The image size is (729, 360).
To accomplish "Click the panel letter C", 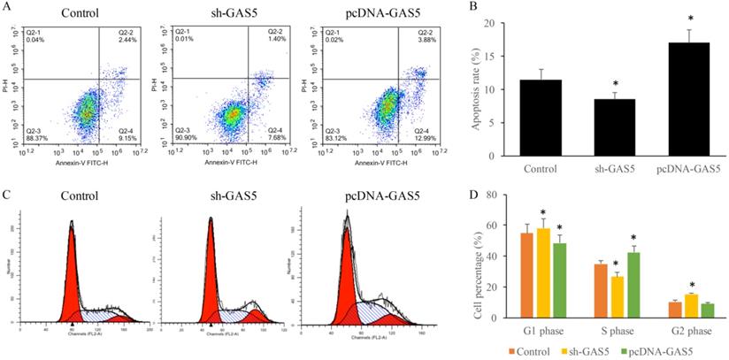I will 7,193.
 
